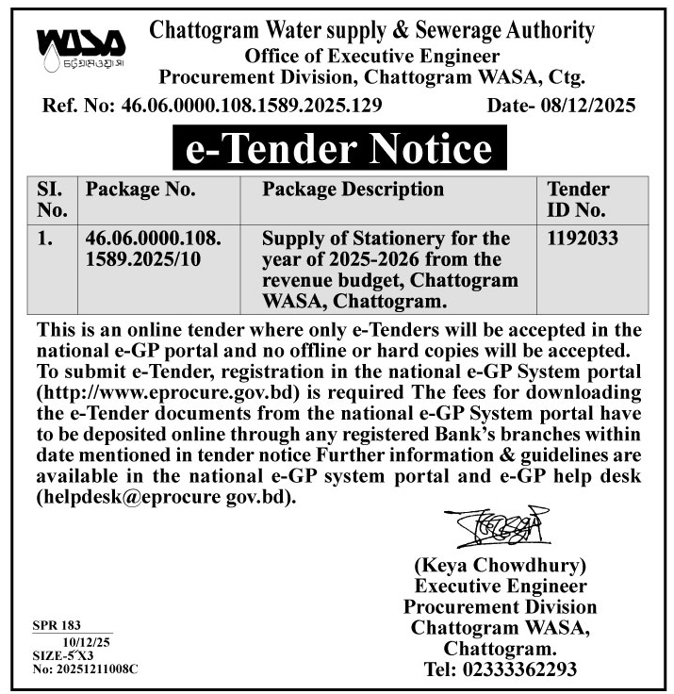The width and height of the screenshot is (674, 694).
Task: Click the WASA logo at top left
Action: pyautogui.click(x=80, y=48)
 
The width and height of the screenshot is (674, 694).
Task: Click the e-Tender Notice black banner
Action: pyautogui.click(x=337, y=149)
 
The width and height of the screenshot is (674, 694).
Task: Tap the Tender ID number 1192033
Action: pyautogui.click(x=583, y=239)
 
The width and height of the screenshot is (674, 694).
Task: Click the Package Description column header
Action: pyautogui.click(x=353, y=190)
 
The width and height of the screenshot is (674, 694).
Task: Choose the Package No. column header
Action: pyautogui.click(x=141, y=190)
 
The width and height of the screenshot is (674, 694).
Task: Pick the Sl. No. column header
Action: pyautogui.click(x=52, y=199)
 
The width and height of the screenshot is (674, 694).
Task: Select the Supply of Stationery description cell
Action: pyautogui.click(x=390, y=270)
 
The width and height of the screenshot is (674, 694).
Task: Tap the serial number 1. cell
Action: pyautogui.click(x=44, y=239)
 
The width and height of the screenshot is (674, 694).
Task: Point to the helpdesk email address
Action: pyautogui.click(x=165, y=495)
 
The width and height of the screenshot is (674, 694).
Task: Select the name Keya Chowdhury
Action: pyautogui.click(x=501, y=566)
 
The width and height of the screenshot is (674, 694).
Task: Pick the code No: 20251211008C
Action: pyautogui.click(x=85, y=668)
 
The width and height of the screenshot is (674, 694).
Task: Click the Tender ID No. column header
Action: pyautogui.click(x=578, y=199)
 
